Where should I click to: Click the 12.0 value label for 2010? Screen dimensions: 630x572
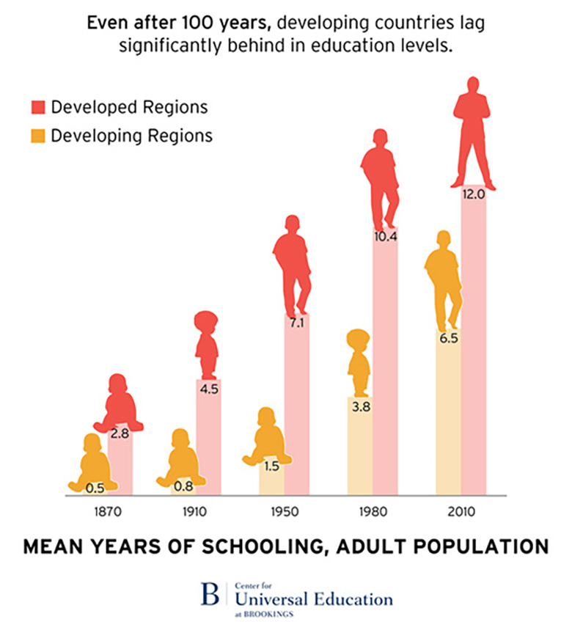point(473,195)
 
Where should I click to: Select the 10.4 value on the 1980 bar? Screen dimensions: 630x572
point(385,237)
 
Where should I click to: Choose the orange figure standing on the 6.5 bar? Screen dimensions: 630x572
point(444,279)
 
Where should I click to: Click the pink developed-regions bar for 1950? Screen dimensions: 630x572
point(296,411)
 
